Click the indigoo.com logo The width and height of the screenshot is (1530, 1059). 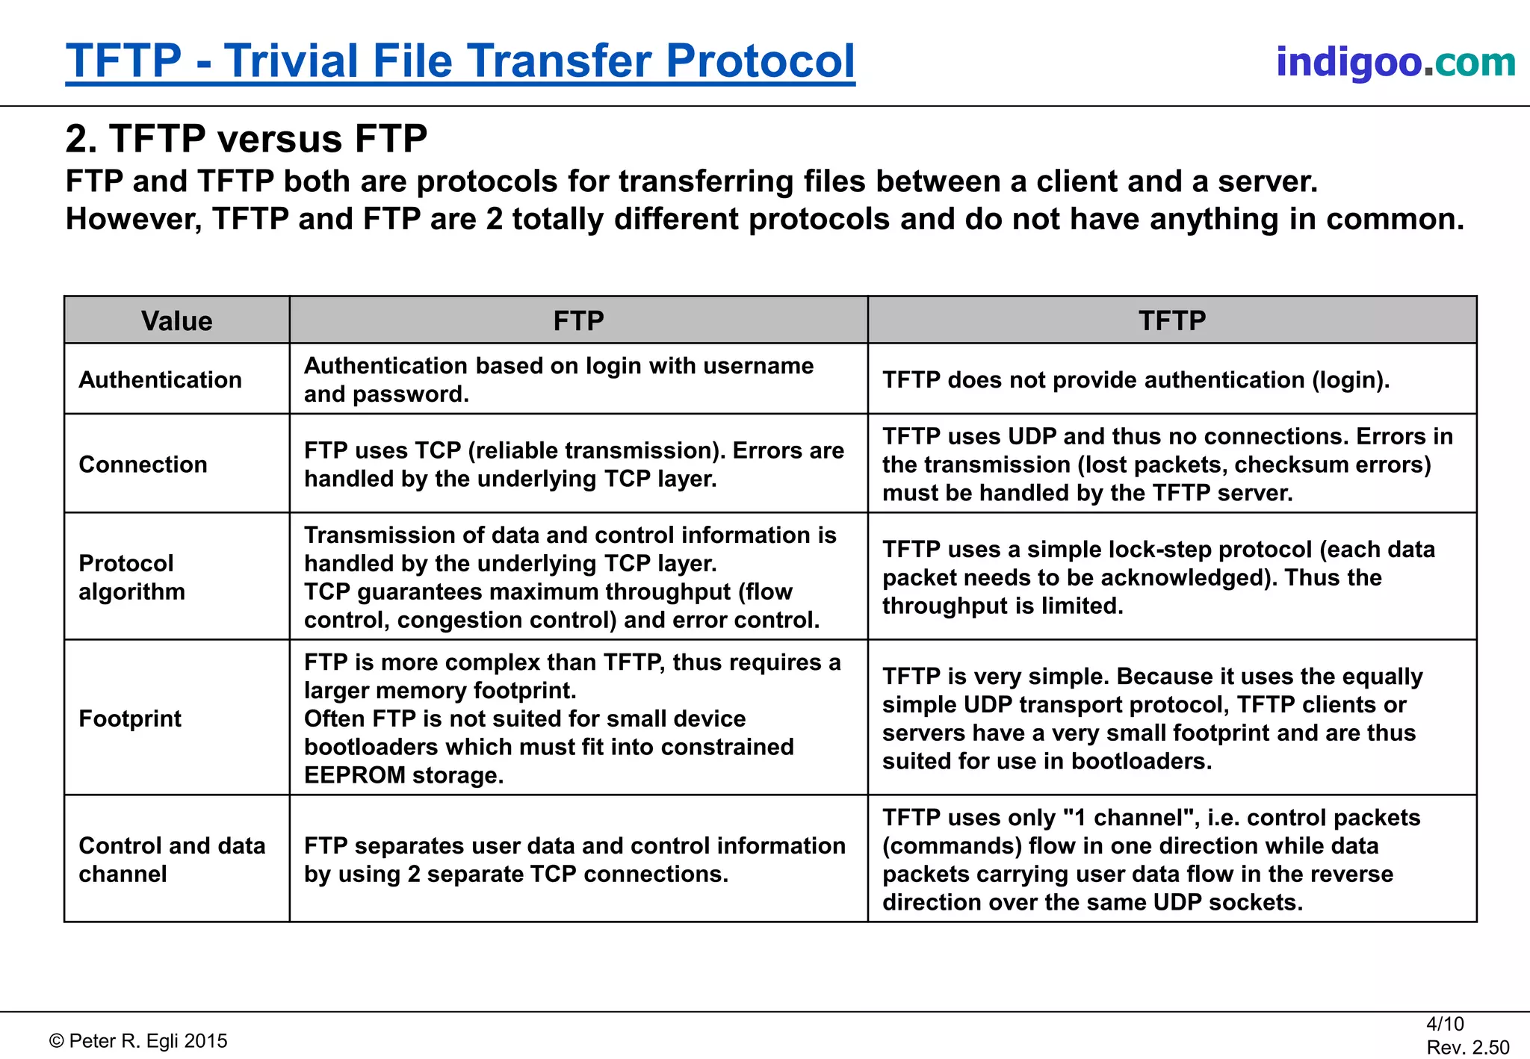1395,61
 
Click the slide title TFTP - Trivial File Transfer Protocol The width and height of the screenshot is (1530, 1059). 460,60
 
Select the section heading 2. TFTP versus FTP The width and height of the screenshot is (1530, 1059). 246,139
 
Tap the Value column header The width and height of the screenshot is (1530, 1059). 177,321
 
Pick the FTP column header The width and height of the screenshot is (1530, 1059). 578,320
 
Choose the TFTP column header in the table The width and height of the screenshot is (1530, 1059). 1171,320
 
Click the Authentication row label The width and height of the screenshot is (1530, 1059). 160,379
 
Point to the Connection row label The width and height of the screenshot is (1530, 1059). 143,465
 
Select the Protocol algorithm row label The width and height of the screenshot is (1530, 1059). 131,577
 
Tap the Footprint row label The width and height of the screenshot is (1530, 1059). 130,718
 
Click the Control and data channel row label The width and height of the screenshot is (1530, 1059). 172,860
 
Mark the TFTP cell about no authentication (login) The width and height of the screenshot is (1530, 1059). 1136,380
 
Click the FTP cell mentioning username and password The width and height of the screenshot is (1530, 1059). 558,380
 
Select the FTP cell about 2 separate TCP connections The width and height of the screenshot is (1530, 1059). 574,860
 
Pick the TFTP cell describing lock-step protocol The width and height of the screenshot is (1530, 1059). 1158,577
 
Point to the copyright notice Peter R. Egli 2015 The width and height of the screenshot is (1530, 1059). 139,1041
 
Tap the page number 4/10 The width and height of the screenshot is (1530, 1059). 1445,1024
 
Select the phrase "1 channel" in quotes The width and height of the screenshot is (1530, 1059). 1127,818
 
